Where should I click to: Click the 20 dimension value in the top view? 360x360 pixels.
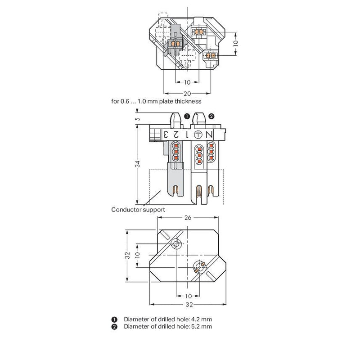click(187, 94)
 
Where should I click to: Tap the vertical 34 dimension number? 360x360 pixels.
click(138, 164)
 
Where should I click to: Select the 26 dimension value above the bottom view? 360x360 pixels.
click(188, 217)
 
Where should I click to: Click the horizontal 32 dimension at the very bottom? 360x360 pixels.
click(189, 305)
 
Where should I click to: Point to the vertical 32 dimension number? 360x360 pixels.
click(128, 255)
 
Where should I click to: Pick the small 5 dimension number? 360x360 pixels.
click(138, 119)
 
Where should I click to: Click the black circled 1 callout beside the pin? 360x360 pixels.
click(187, 117)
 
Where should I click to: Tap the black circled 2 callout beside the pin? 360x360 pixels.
click(211, 117)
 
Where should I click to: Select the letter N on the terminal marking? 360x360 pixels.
click(209, 135)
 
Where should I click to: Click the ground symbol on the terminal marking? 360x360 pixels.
click(198, 135)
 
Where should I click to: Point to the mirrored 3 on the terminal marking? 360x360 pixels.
click(165, 135)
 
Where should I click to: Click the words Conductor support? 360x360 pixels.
click(138, 210)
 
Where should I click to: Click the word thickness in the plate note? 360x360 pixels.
click(188, 101)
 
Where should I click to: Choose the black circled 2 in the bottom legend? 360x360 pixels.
click(114, 327)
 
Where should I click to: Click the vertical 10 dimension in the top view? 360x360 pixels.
click(235, 43)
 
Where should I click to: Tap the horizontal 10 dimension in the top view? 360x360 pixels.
click(187, 82)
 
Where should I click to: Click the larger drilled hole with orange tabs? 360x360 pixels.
click(199, 267)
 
